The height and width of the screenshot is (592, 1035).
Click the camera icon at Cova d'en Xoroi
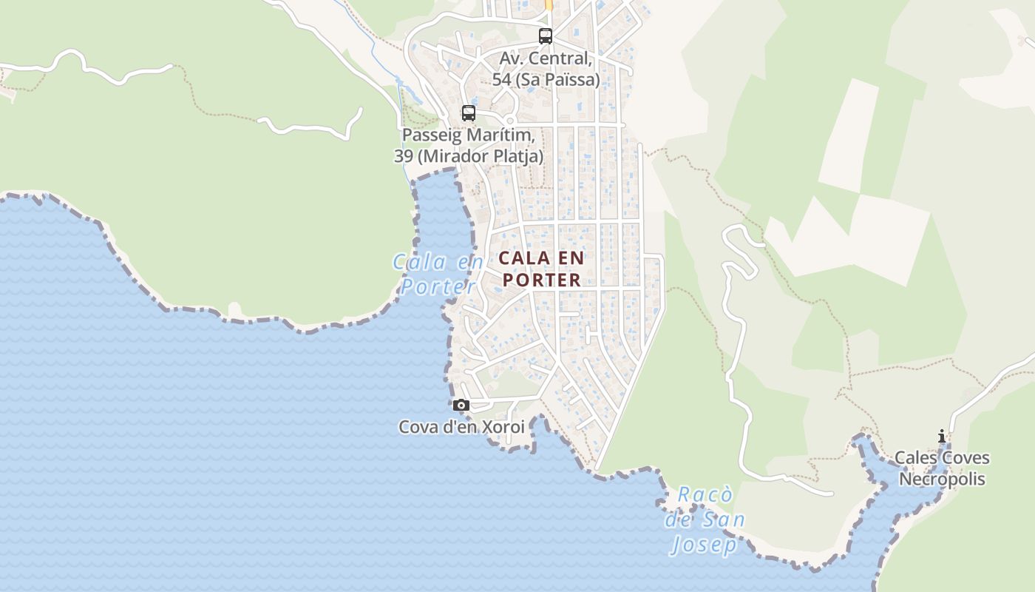click(461, 405)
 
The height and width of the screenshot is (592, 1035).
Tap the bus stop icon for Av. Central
click(545, 36)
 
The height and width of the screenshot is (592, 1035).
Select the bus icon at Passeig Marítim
click(468, 113)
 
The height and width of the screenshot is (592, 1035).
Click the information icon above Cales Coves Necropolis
click(941, 436)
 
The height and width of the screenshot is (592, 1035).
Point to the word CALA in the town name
click(523, 258)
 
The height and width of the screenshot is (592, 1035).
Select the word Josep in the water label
click(705, 545)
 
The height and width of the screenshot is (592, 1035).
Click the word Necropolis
click(942, 479)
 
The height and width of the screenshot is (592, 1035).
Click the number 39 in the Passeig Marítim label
click(403, 156)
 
